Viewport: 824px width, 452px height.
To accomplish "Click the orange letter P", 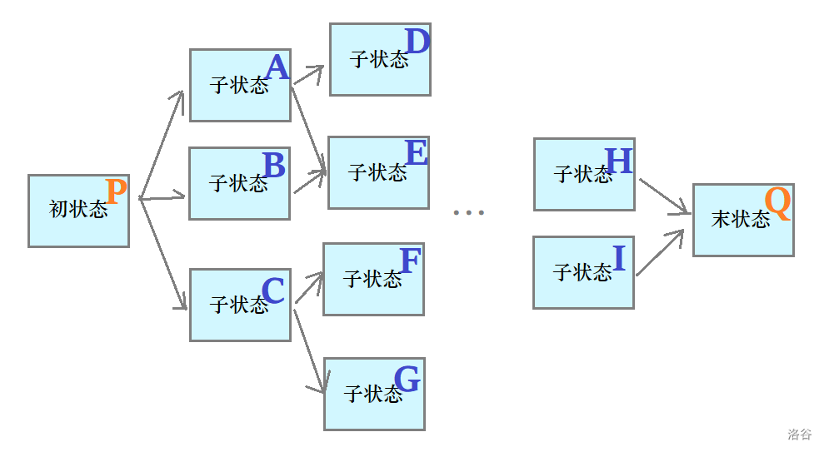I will pos(117,192).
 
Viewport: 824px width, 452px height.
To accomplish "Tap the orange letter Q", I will pos(777,203).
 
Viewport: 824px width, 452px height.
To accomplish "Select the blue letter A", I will pos(277,67).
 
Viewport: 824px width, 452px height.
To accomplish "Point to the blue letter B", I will pos(273,166).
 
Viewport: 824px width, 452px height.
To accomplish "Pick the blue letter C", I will pos(273,291).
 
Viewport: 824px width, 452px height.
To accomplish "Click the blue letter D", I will pos(417,41).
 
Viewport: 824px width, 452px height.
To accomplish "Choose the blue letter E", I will pos(416,152).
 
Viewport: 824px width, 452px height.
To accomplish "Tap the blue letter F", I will pos(410,261).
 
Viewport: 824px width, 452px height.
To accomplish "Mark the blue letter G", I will pos(407,379).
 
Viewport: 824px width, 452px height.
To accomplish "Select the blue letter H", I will pos(619,161).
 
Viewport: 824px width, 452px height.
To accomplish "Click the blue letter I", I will pos(618,259).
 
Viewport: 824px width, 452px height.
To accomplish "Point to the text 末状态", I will pos(741,219).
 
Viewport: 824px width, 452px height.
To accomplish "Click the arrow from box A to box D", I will pos(307,77).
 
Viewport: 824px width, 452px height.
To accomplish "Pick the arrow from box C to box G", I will pos(308,350).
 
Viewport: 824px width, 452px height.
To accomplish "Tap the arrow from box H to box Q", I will pos(665,196).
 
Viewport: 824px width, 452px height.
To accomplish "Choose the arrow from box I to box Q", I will pos(664,250).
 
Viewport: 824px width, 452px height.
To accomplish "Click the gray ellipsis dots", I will pos(468,213).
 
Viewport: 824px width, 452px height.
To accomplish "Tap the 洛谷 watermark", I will pos(799,435).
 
